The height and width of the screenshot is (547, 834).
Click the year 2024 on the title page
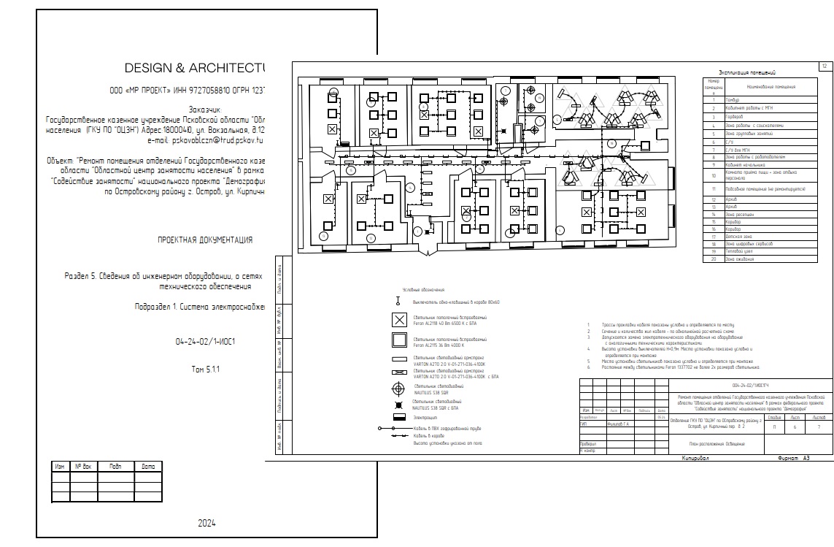pos(207,523)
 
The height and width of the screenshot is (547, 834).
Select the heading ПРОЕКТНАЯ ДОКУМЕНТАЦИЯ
pos(205,240)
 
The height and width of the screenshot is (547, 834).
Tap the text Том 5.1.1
pos(205,370)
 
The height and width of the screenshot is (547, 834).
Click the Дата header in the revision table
pos(148,467)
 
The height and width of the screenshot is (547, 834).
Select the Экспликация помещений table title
pos(746,72)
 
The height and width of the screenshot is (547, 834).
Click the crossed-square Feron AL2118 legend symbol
pos(399,320)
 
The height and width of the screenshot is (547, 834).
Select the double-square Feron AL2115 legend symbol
pos(399,340)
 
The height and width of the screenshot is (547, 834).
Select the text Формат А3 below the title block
pos(793,459)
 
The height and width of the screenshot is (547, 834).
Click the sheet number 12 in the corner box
pos(825,66)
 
